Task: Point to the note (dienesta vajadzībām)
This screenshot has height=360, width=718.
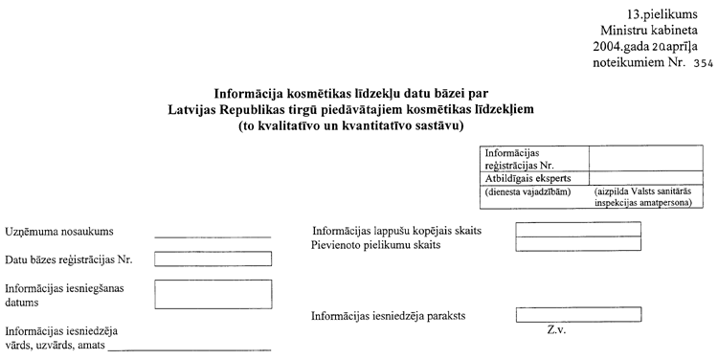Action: coord(528,191)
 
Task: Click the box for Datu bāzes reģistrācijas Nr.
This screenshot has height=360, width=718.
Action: coord(213,258)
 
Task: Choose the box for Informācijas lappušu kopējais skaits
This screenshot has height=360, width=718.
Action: coord(577,229)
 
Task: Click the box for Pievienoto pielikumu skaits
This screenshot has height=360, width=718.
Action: coord(577,244)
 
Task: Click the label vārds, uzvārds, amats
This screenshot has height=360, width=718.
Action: coord(55,345)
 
